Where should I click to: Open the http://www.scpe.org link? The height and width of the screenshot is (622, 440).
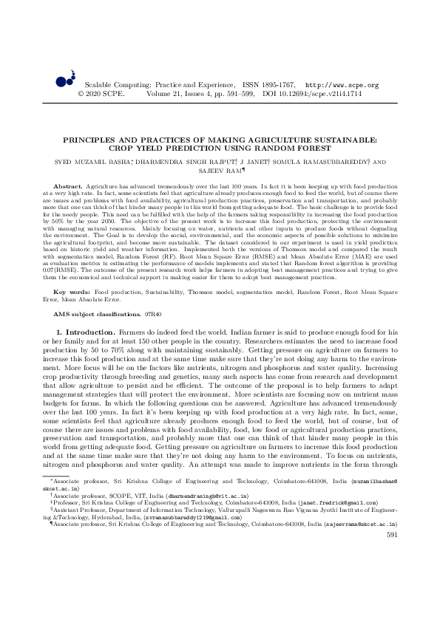coord(342,86)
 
